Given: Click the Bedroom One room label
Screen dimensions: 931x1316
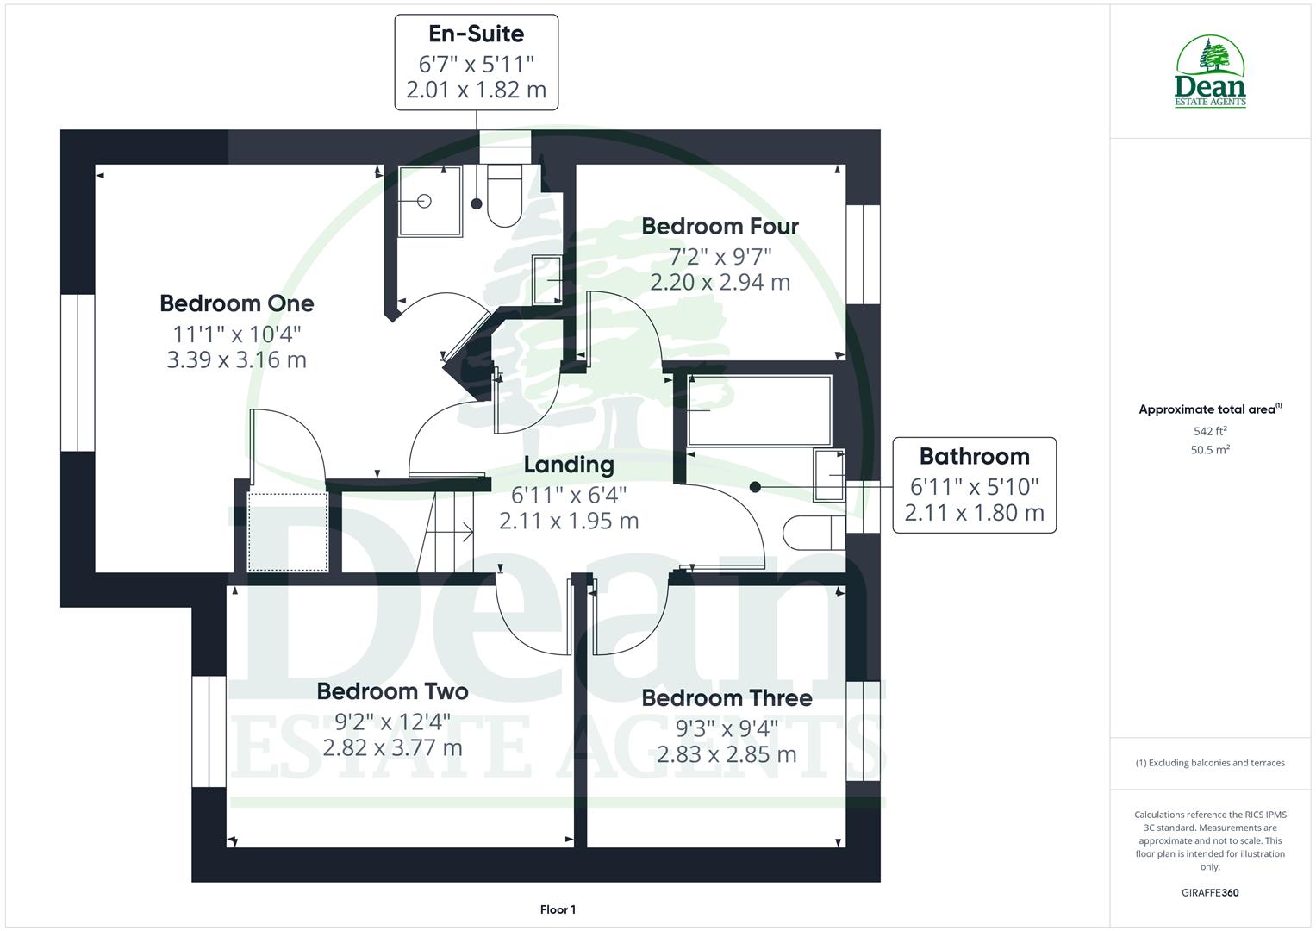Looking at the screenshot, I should point(236,303).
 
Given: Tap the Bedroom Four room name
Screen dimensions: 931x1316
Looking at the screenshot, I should point(720,226).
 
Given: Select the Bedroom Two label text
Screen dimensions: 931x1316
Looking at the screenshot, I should point(392,691).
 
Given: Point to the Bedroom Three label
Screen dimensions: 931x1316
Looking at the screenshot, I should point(727,698).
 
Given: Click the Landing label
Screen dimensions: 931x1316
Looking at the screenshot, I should point(569,465).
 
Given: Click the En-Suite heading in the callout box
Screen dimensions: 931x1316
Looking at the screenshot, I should point(476,34).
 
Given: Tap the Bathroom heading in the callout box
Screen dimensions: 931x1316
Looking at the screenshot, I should point(974,457).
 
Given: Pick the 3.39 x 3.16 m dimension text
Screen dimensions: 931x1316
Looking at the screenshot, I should point(236,359).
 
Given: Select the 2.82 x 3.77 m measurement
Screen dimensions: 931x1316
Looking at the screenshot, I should point(392,747).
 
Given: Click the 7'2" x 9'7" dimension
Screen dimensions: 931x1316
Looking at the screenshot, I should point(720,256).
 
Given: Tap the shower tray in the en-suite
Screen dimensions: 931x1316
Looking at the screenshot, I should point(429,201).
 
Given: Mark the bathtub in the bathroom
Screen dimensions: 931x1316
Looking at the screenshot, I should point(759,410).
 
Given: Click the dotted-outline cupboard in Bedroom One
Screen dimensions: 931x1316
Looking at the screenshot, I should point(288,531).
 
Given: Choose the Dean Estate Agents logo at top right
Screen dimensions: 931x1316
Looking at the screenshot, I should point(1210,72).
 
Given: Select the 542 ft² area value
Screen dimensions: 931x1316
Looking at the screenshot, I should point(1209,431).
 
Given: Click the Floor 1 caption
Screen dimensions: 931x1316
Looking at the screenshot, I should point(558,909).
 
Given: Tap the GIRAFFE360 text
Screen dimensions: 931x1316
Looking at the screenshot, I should point(1209,892).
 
